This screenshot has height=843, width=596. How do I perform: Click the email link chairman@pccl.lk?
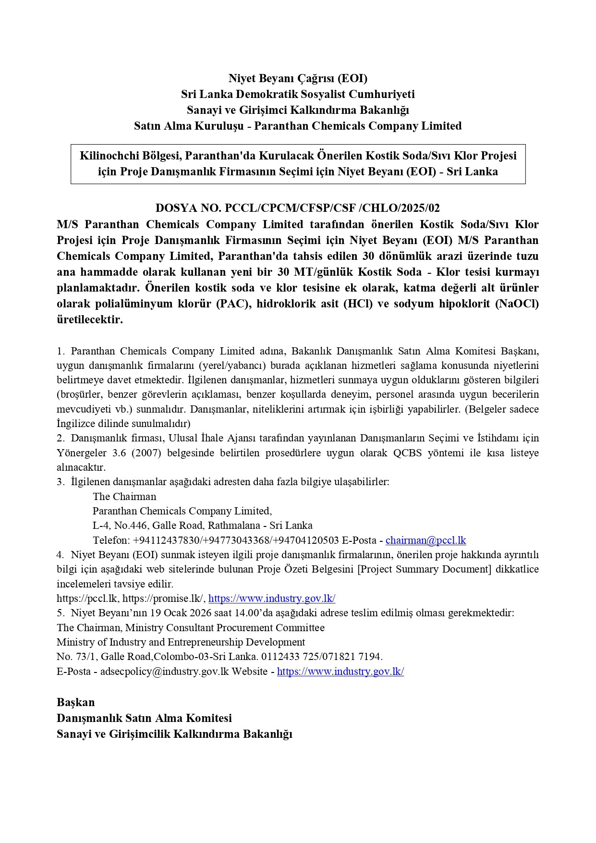[426, 540]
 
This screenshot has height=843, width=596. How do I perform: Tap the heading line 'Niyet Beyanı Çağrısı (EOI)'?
[298, 78]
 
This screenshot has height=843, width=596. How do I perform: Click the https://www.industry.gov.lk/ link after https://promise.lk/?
[272, 599]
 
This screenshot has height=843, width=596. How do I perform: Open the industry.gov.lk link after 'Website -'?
[340, 672]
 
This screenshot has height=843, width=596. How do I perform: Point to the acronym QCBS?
[407, 453]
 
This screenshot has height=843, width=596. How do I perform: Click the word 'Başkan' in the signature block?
[75, 702]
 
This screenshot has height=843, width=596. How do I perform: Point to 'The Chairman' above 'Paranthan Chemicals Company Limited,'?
[124, 496]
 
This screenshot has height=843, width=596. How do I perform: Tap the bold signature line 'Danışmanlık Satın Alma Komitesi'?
[144, 718]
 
